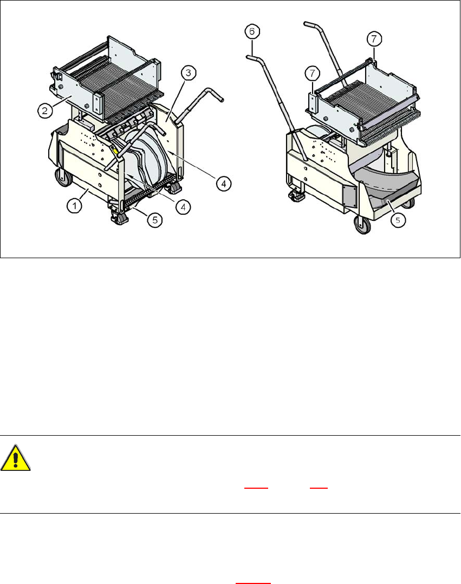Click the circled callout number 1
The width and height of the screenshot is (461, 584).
point(75,205)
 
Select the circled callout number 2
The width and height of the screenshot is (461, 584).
point(45,110)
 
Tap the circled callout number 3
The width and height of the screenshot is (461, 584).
point(189,73)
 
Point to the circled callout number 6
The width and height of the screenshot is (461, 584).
point(252,31)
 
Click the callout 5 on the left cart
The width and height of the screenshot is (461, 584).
point(155,220)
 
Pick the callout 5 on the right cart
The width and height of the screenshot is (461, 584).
point(398,220)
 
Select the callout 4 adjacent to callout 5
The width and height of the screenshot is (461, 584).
point(183,207)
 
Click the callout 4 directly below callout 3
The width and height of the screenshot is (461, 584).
point(223,183)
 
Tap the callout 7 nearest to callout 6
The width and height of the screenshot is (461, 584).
point(313,73)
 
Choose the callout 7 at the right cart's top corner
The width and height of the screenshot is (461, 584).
point(374,38)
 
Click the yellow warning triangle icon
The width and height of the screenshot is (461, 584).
point(15,458)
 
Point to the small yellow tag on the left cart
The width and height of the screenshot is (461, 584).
point(115,150)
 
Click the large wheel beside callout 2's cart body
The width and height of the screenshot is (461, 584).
point(63,178)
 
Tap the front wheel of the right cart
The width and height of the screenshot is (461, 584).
point(361,224)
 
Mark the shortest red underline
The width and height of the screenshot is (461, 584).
point(319,488)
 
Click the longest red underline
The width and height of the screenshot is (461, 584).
point(253,583)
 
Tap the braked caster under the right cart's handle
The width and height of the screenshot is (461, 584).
point(297,195)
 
